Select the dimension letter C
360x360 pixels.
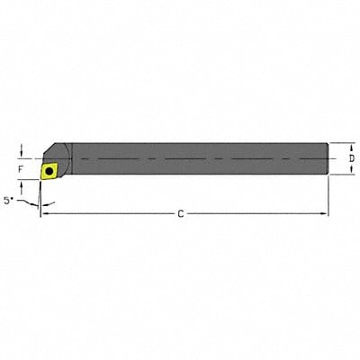(181, 213)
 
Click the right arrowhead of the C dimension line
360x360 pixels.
(325, 213)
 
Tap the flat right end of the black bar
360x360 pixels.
(328, 158)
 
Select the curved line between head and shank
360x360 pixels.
(70, 153)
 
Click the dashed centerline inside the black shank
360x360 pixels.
(198, 158)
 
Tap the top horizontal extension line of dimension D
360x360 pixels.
(340, 141)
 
